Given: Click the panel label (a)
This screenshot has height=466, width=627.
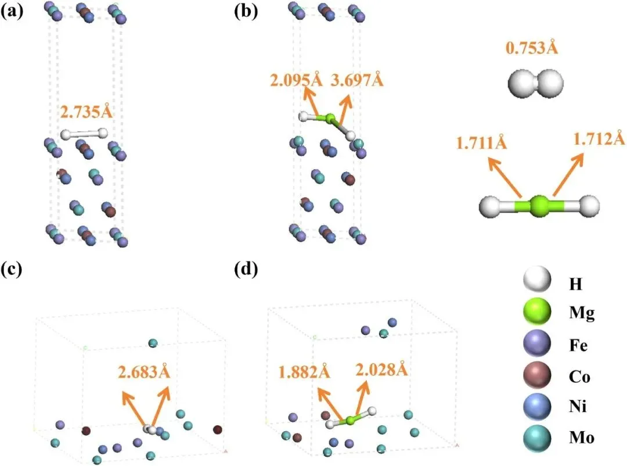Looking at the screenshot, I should [x=12, y=12].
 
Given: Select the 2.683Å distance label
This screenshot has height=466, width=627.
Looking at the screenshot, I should [x=145, y=371].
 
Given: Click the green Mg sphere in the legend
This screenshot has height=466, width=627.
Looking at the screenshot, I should [x=535, y=313].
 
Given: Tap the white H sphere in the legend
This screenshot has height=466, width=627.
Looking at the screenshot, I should [x=535, y=283].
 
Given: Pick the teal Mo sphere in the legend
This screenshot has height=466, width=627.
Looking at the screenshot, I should [x=535, y=438].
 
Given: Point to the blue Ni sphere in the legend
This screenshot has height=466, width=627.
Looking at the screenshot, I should [x=535, y=407].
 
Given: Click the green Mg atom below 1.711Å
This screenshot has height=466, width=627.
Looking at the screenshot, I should [x=540, y=206].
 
